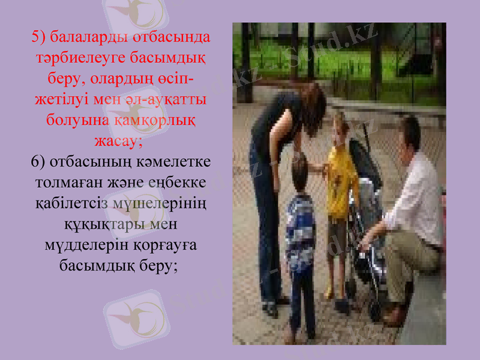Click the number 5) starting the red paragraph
(x=39, y=37)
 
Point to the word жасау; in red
(x=119, y=141)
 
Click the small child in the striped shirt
(x=301, y=228)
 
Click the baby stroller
(x=366, y=228)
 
